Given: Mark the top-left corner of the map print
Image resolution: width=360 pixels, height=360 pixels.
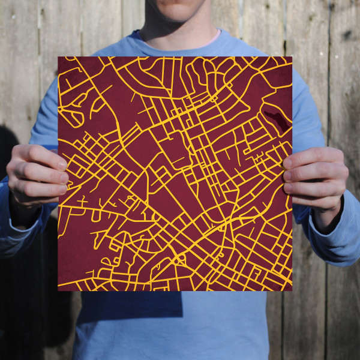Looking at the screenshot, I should (59, 58).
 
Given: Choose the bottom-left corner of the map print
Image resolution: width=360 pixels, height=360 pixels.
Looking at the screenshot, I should (59, 290).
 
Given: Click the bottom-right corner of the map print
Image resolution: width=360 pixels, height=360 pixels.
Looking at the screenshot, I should (292, 290).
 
